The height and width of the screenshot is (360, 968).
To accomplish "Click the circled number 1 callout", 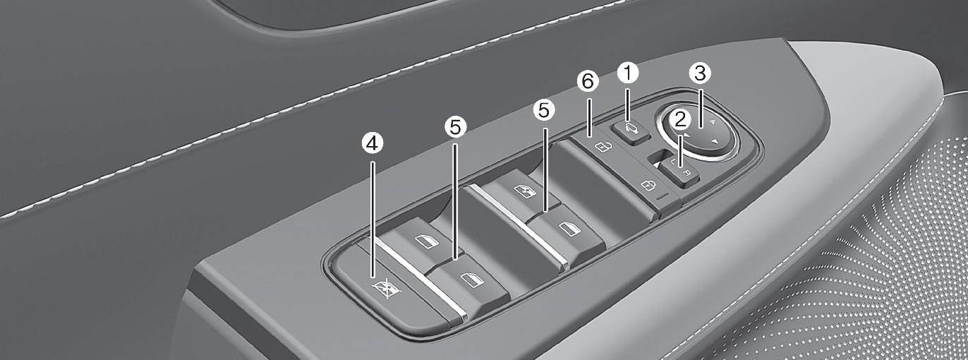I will point(627,72).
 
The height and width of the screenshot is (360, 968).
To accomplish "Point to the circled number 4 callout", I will point(373,143).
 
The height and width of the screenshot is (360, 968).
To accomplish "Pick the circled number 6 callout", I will point(587,82).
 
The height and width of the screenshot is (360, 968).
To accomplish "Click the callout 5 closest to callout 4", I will point(456,127).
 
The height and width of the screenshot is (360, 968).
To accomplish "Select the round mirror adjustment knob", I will point(699,133).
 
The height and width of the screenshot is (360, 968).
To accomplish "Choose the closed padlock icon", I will point(647,186).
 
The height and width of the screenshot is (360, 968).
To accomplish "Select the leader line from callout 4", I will point(373,212).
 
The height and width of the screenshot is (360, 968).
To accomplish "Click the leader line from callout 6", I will point(588,113).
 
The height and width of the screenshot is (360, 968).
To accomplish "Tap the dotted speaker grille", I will point(882,268).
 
